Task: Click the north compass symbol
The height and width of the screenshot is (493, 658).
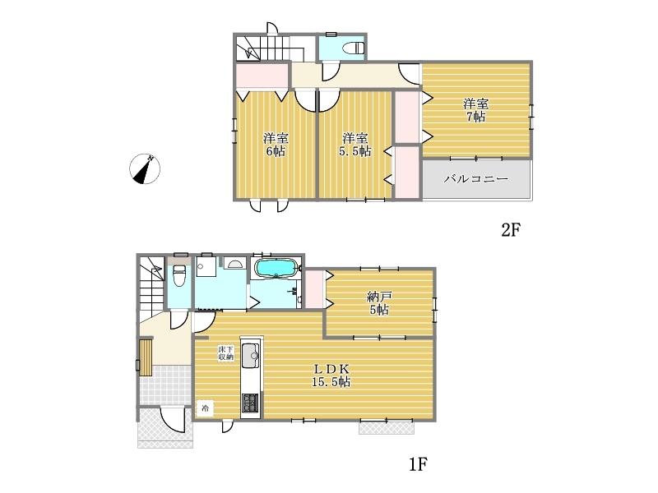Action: pyautogui.click(x=145, y=169)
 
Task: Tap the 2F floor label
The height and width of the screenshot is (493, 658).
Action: pyautogui.click(x=511, y=230)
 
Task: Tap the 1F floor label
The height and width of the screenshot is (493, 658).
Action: pyautogui.click(x=418, y=464)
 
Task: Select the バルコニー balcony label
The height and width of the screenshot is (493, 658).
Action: pyautogui.click(x=476, y=179)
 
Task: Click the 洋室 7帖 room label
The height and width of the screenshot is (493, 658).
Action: pyautogui.click(x=476, y=110)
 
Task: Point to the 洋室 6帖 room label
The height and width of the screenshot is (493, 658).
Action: pyautogui.click(x=276, y=145)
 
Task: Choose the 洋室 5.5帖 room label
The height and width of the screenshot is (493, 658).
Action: pyautogui.click(x=355, y=145)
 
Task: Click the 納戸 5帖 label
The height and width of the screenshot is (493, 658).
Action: pyautogui.click(x=379, y=303)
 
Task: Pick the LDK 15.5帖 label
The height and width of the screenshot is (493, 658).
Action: pyautogui.click(x=331, y=376)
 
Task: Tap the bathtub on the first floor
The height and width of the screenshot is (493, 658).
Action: pyautogui.click(x=276, y=269)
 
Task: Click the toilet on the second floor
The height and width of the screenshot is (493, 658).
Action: pyautogui.click(x=354, y=48)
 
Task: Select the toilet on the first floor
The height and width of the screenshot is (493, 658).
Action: pyautogui.click(x=179, y=274)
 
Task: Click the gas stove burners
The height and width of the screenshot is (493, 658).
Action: pyautogui.click(x=251, y=403)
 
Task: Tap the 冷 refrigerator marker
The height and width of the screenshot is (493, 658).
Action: pyautogui.click(x=205, y=408)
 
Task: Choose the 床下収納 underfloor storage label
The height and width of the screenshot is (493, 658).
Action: pyautogui.click(x=225, y=353)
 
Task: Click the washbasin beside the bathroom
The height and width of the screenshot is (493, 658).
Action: pyautogui.click(x=234, y=263)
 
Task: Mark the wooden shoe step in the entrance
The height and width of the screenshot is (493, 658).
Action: pyautogui.click(x=146, y=357)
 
